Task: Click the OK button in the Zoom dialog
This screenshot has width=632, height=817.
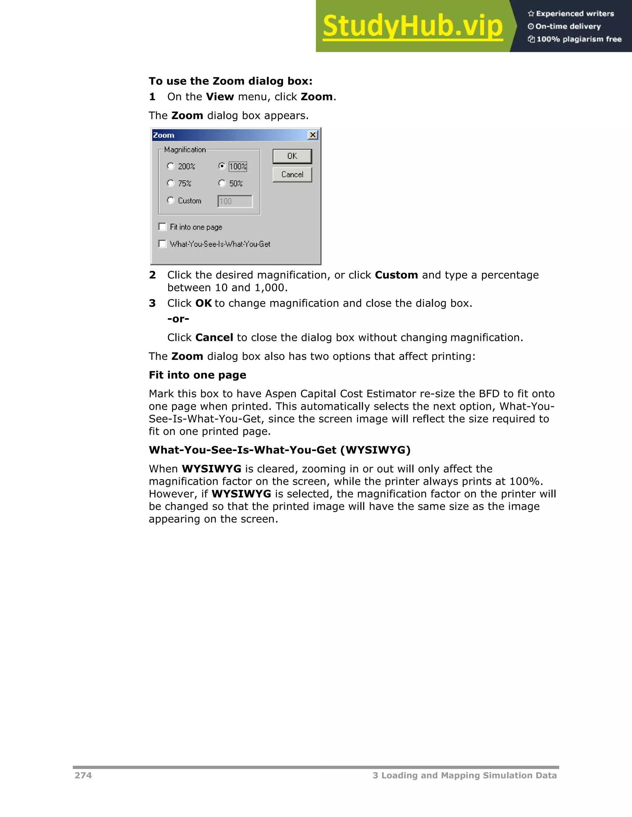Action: (292, 156)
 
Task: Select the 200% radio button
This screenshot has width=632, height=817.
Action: (171, 166)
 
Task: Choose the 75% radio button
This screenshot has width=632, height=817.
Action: (171, 183)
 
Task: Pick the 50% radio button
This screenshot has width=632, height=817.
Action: (222, 183)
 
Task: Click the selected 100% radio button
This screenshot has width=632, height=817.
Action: (222, 166)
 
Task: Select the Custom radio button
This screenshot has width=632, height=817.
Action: (171, 200)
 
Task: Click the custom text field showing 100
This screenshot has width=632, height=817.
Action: (235, 201)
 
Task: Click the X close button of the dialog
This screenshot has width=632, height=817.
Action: (313, 135)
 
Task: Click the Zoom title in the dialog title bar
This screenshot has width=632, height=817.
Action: (164, 135)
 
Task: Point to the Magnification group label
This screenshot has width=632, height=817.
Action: (185, 150)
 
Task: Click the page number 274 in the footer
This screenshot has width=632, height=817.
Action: (83, 775)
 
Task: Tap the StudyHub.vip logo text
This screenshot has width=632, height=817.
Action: (412, 26)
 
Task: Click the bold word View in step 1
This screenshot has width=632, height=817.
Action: (220, 97)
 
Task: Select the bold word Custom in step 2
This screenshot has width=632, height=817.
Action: (396, 275)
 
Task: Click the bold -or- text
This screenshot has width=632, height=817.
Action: (178, 319)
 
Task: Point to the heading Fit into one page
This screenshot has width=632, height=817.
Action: (197, 375)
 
